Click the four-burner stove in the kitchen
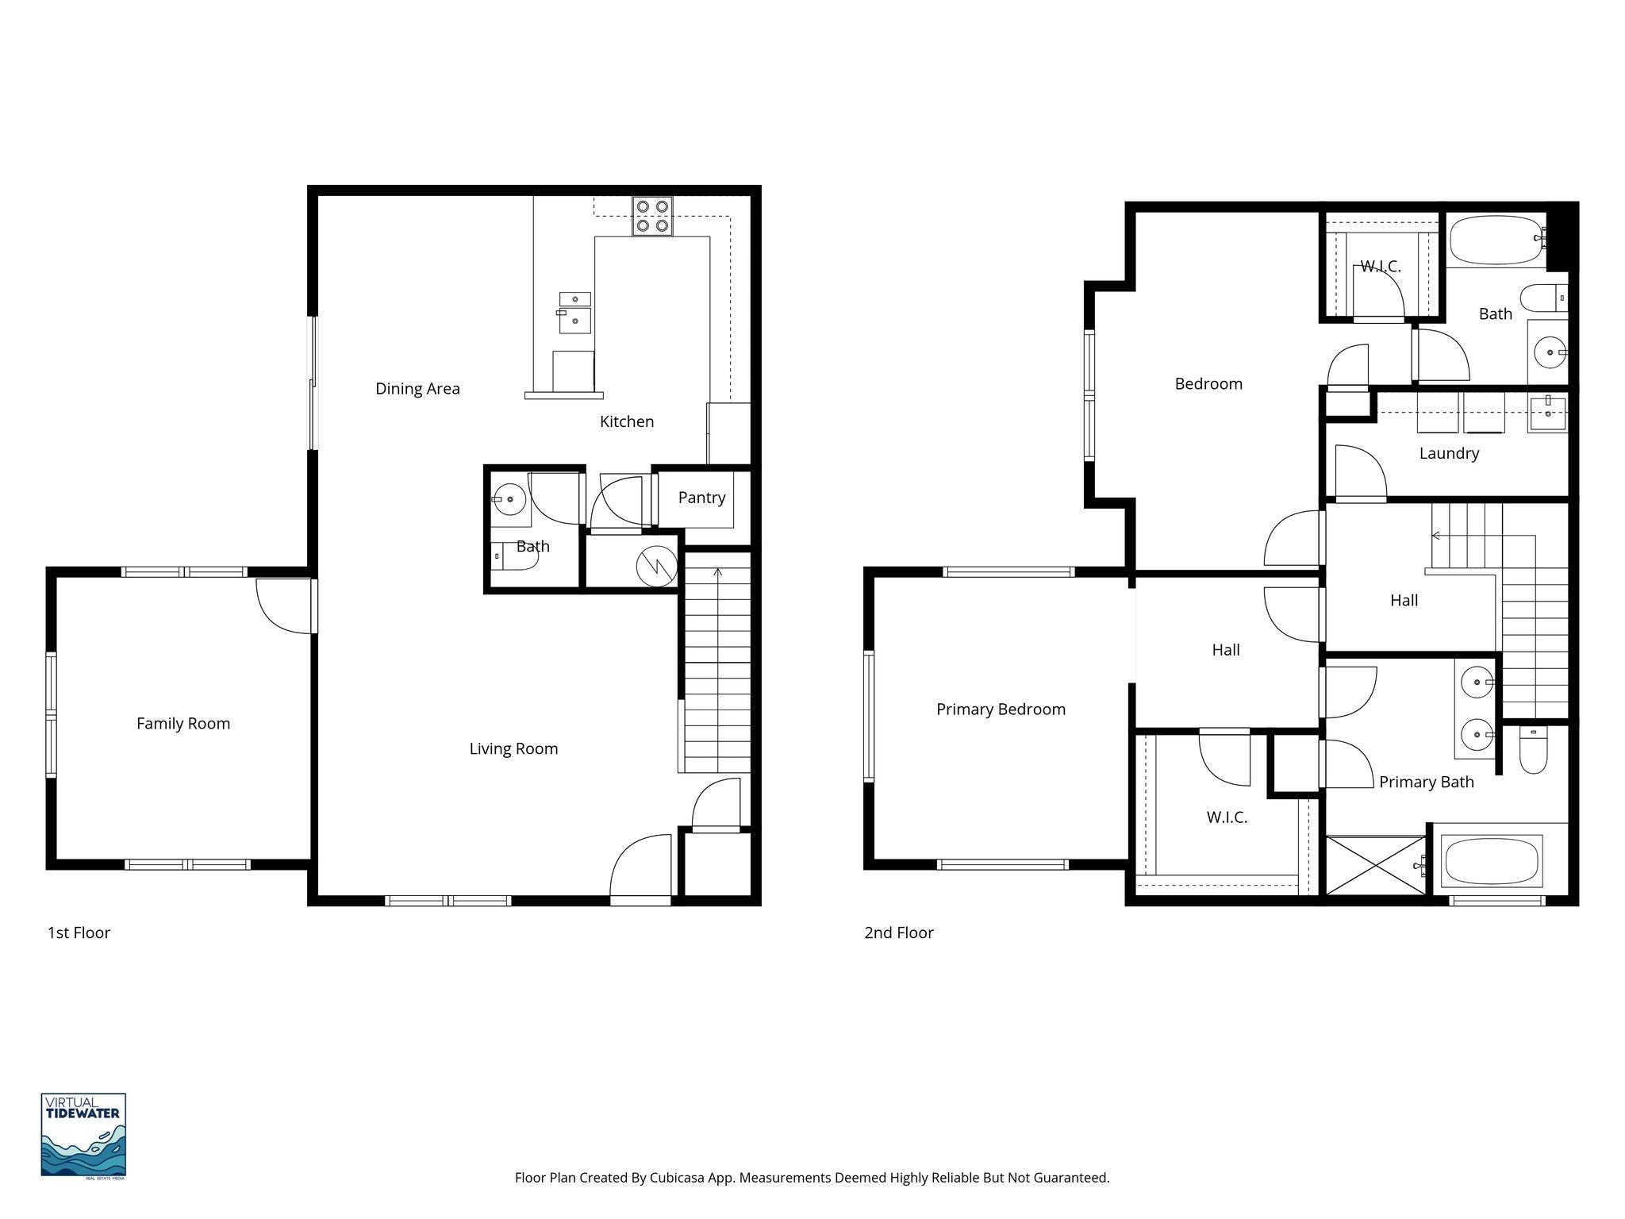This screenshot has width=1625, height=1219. pos(652,216)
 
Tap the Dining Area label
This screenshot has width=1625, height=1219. pos(417,389)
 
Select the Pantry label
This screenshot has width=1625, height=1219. pos(701,498)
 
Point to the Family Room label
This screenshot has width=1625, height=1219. pos(183,724)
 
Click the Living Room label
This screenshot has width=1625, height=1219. pos(513,749)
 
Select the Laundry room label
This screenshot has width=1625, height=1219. pos(1449,454)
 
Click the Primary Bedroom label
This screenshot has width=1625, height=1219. pos(1001,709)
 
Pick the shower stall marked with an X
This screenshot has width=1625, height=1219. pos(1377,865)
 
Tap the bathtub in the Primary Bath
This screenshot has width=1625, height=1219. pos(1492,862)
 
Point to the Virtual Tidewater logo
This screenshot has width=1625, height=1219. pos(83,1135)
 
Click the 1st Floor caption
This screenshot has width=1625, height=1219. pos(79,933)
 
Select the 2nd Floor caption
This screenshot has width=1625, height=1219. pos(898,933)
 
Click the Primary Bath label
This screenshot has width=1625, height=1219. pos(1426,783)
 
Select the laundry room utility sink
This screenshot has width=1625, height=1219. pos(1547,413)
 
